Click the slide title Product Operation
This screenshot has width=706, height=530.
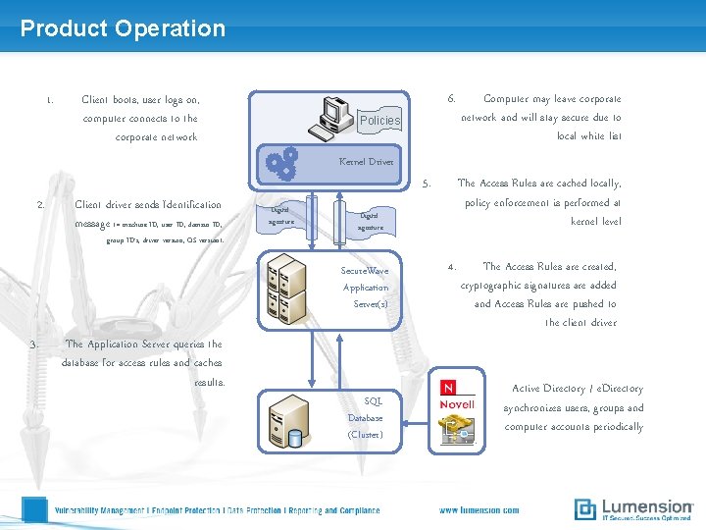click(x=123, y=28)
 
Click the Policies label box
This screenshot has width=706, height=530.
click(x=380, y=120)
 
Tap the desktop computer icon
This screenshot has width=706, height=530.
click(x=330, y=117)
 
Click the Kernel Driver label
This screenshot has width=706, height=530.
click(x=366, y=161)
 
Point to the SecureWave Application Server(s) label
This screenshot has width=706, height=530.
click(x=365, y=287)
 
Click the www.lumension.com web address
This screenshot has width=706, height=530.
click(x=479, y=510)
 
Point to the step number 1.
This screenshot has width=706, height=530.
click(x=49, y=99)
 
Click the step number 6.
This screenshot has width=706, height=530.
click(x=451, y=99)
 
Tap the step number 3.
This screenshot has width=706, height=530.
click(x=33, y=344)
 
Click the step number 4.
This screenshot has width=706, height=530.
click(x=451, y=266)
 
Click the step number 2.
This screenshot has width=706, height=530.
click(x=40, y=205)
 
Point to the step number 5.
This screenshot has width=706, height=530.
click(x=426, y=183)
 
